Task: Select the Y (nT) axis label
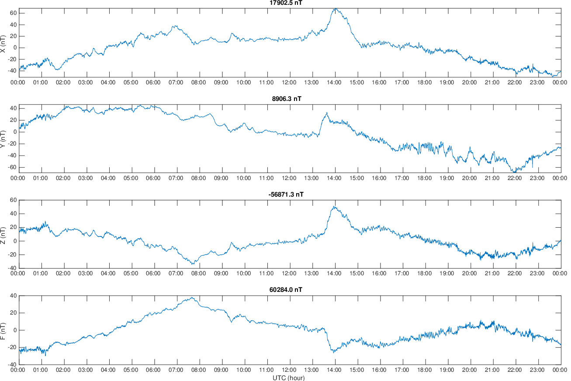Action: pyautogui.click(x=3, y=139)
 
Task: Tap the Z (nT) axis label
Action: pyautogui.click(x=3, y=234)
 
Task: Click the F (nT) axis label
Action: pyautogui.click(x=3, y=330)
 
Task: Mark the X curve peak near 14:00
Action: pyautogui.click(x=335, y=9)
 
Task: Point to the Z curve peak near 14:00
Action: pyautogui.click(x=334, y=207)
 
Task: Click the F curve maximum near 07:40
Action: pyautogui.click(x=192, y=298)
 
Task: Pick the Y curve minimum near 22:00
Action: pyautogui.click(x=514, y=172)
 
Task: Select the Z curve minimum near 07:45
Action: pyautogui.click(x=193, y=264)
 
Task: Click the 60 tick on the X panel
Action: pyautogui.click(x=13, y=13)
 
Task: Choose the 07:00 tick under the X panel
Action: pyautogui.click(x=176, y=82)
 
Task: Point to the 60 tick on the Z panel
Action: pyautogui.click(x=13, y=200)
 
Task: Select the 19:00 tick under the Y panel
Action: pyautogui.click(x=446, y=178)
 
